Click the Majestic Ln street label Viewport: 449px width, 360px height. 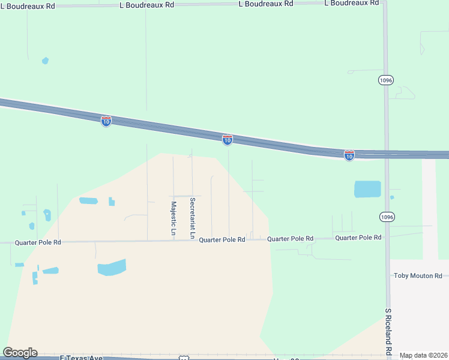173,218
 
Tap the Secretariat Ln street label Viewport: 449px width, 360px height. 192,218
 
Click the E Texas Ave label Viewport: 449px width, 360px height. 82,358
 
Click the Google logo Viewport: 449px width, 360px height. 20,353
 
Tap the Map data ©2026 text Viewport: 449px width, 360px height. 423,355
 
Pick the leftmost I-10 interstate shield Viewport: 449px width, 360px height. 106,121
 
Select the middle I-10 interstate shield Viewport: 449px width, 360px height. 228,140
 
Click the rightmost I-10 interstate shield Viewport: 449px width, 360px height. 349,155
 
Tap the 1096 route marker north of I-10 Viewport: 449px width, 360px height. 386,80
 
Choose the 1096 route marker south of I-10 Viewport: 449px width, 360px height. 387,217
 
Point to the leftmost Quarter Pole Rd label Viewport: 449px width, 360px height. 38,242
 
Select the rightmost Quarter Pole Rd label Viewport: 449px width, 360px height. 358,238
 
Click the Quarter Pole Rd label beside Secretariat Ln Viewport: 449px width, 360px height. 221,239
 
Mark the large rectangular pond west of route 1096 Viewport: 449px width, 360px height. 367,189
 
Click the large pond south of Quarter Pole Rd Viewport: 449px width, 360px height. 112,267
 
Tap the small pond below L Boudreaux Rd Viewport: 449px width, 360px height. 45,61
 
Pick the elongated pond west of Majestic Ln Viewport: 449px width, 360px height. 88,200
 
